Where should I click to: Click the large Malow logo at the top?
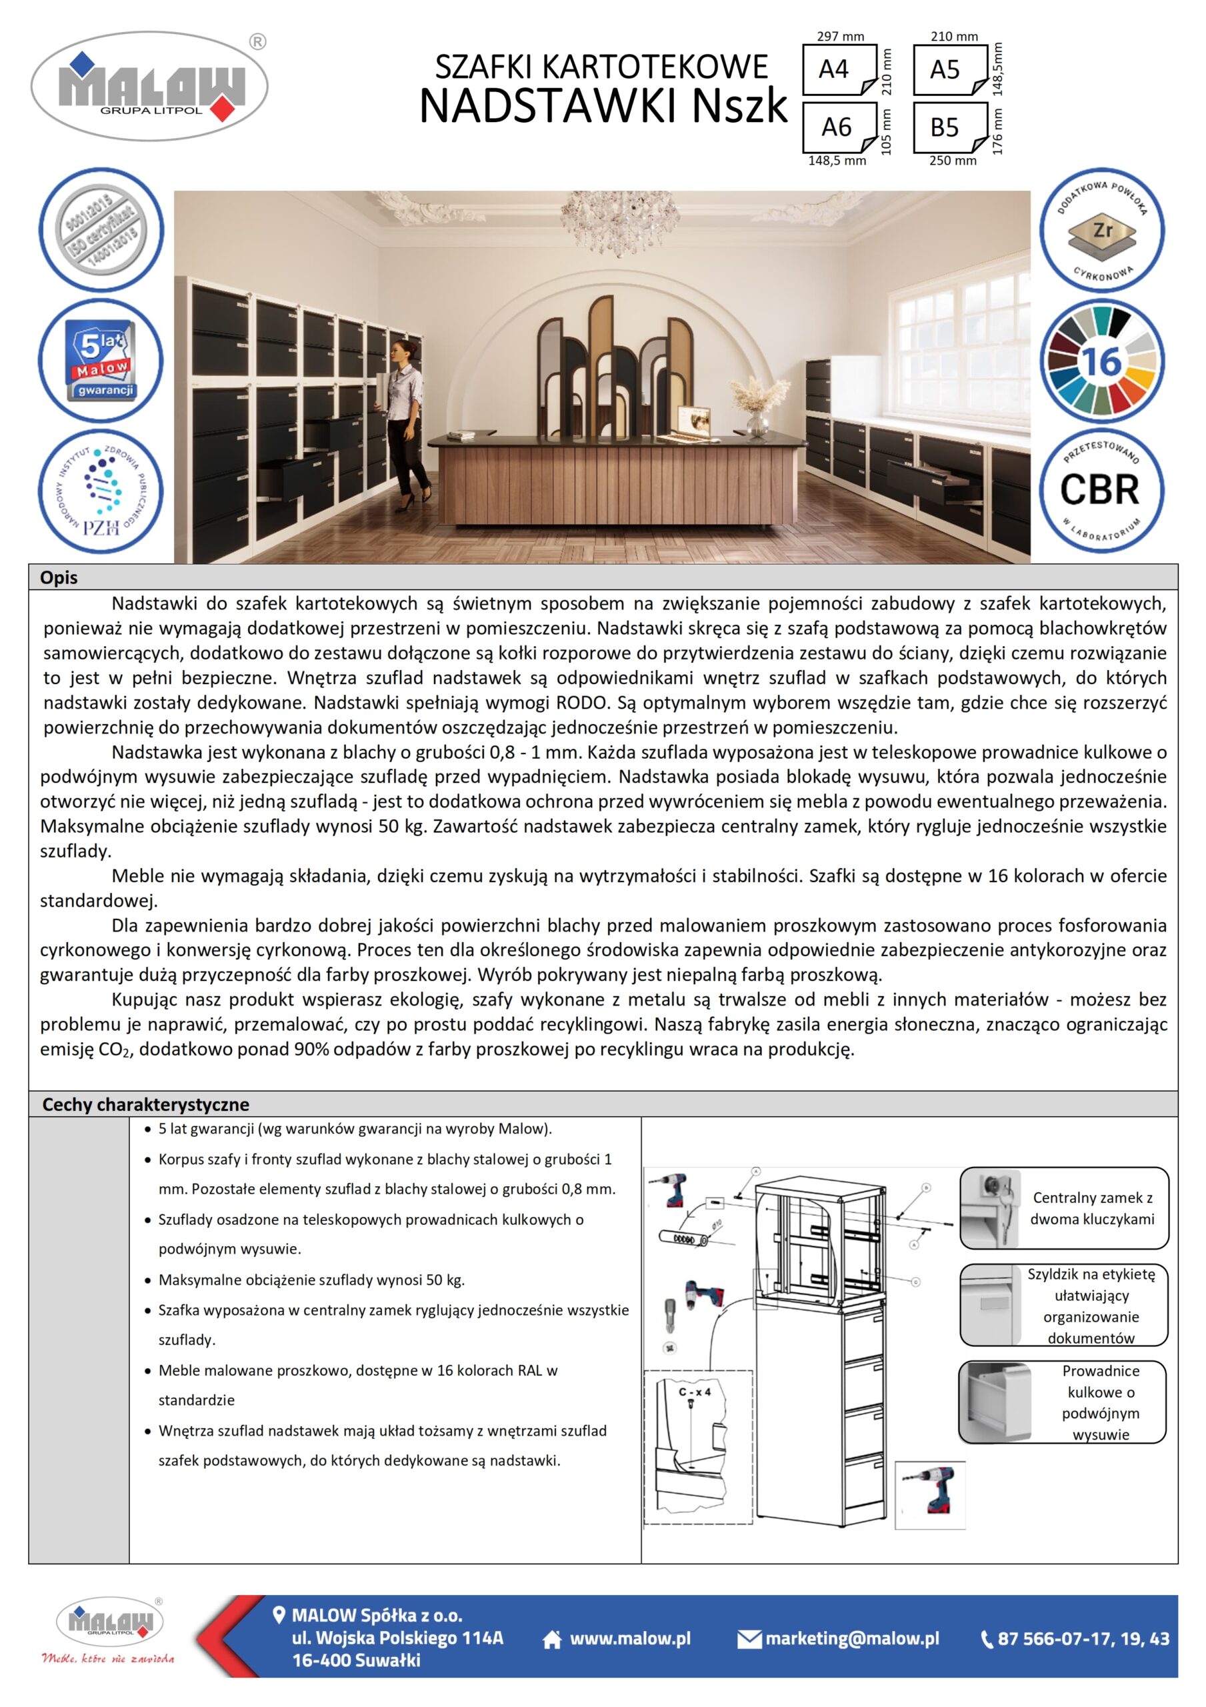(x=149, y=86)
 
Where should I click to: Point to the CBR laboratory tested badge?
(x=1101, y=490)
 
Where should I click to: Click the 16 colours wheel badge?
(x=1101, y=361)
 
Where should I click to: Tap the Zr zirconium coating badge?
(x=1101, y=232)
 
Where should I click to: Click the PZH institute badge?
(x=101, y=491)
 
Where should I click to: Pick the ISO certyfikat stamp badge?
(x=101, y=231)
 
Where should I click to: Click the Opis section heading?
(x=59, y=577)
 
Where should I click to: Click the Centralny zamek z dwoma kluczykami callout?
(x=1063, y=1208)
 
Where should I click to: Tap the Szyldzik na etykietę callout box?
(x=1063, y=1306)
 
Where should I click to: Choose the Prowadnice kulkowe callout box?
(x=1063, y=1402)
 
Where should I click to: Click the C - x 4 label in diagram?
(x=695, y=1392)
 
